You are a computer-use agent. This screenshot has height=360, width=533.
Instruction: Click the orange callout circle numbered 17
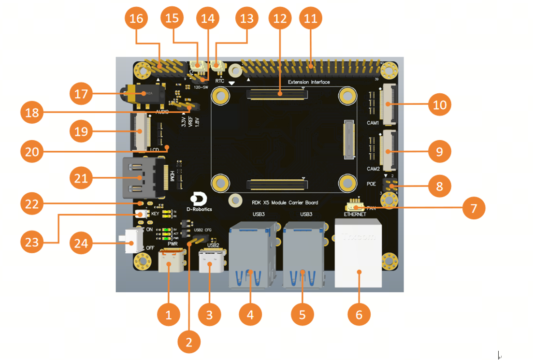point(81,93)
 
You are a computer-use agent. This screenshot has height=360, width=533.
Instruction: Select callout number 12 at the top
point(280,19)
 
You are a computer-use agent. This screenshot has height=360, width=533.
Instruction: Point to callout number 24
point(81,243)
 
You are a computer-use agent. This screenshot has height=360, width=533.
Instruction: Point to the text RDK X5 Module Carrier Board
point(285,202)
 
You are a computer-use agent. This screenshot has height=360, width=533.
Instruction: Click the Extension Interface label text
point(309,82)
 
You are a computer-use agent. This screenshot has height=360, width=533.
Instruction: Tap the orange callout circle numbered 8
point(439,186)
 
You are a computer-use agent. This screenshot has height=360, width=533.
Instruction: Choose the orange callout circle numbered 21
point(81,178)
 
